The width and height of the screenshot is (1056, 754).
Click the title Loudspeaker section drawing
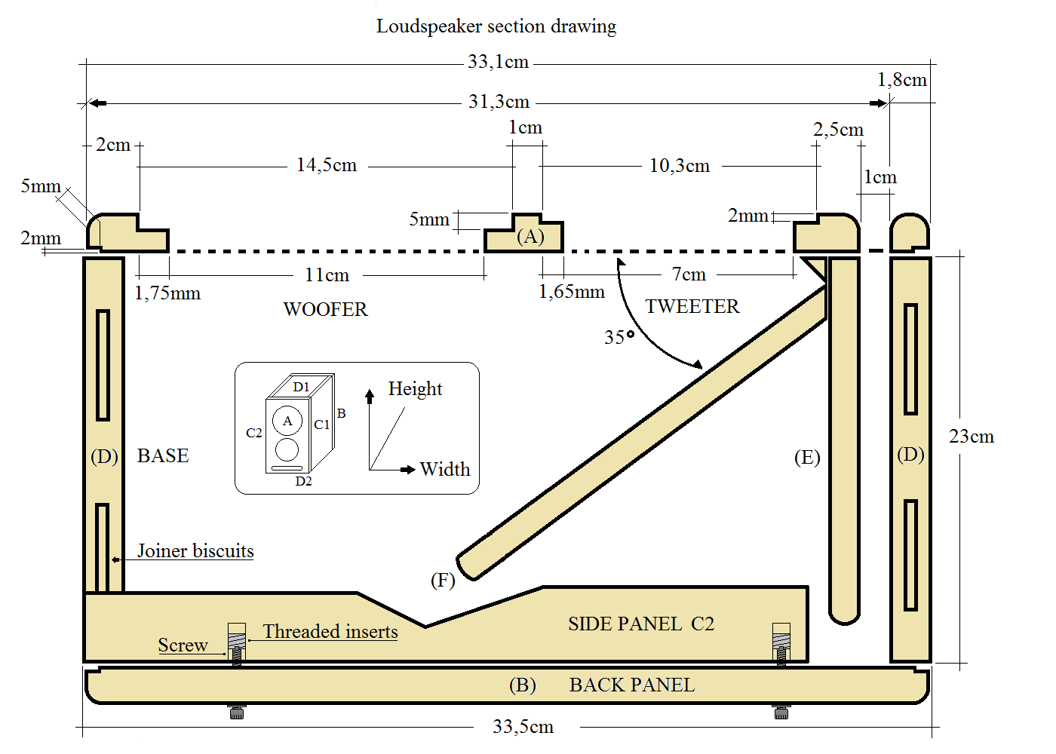coord(496,26)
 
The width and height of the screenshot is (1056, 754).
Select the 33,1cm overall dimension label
coord(498,62)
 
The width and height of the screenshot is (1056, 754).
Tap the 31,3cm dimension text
coord(499,102)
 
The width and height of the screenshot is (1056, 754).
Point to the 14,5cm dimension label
coord(327,165)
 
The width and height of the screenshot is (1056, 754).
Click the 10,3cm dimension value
coord(680,166)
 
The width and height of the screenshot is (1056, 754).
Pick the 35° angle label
coord(619,337)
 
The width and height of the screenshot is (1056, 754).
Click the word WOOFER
coord(325,309)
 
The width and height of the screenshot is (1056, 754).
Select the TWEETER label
coord(692,306)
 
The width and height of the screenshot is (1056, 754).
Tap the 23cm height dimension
coord(972,437)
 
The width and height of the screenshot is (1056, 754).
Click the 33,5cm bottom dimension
coord(523,727)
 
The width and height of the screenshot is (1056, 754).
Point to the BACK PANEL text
coord(631,685)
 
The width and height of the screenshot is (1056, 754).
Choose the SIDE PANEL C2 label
coord(641,624)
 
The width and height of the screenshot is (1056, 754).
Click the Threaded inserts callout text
coord(330,631)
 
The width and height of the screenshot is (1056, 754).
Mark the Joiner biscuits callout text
coord(195,550)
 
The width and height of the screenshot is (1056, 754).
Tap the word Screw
coord(183,645)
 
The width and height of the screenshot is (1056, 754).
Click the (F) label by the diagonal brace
coord(443,580)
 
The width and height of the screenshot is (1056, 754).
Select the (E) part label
coord(807,457)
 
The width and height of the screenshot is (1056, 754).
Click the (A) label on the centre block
coord(530,236)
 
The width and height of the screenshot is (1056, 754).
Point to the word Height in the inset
coord(415,388)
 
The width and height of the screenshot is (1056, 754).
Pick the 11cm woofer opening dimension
coord(327,275)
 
